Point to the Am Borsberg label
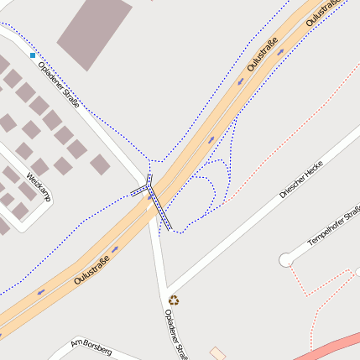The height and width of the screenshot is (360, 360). (91, 346)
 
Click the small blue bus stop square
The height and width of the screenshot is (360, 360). (33, 55)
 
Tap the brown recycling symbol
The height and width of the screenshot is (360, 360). (174, 300)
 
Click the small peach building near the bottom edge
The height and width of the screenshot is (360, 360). (217, 353)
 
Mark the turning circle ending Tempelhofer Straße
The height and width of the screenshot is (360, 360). (286, 259)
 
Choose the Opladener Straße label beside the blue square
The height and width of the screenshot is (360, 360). (60, 85)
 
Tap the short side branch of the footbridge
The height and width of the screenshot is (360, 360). (138, 190)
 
